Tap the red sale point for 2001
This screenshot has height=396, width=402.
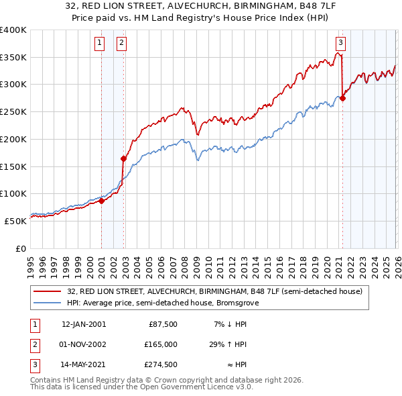coord(101,200)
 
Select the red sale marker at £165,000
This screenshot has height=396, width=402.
coord(123,158)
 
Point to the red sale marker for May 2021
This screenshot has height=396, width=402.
coord(342,98)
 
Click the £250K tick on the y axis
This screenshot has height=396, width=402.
coord(13,112)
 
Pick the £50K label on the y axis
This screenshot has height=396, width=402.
coord(15,221)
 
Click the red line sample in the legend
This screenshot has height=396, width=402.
coord(48,292)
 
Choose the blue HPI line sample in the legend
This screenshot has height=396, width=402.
coord(48,303)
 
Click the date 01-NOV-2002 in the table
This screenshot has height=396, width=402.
coord(83,344)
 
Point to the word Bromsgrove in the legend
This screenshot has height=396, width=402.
coord(246,303)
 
